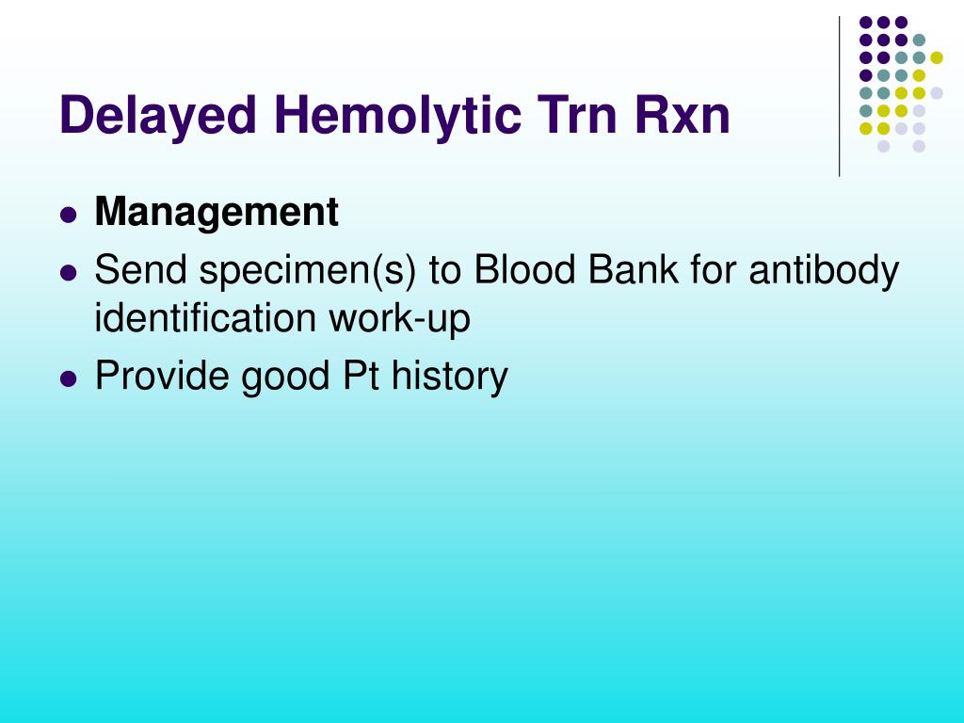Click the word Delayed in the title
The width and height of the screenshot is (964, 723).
[157, 116]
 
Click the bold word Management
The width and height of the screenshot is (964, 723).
[217, 213]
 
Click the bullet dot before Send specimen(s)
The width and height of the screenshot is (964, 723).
[69, 272]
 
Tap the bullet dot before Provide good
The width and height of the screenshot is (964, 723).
[69, 378]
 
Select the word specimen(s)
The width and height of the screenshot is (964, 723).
[308, 271]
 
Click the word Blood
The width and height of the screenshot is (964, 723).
[524, 269]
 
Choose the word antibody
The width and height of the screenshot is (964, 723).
[824, 271]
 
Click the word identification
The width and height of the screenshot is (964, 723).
[204, 318]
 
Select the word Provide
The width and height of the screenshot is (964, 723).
[161, 375]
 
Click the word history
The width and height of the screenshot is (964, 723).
[450, 377]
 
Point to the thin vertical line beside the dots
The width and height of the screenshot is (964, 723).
[839, 97]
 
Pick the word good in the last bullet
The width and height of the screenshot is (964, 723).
[285, 377]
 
